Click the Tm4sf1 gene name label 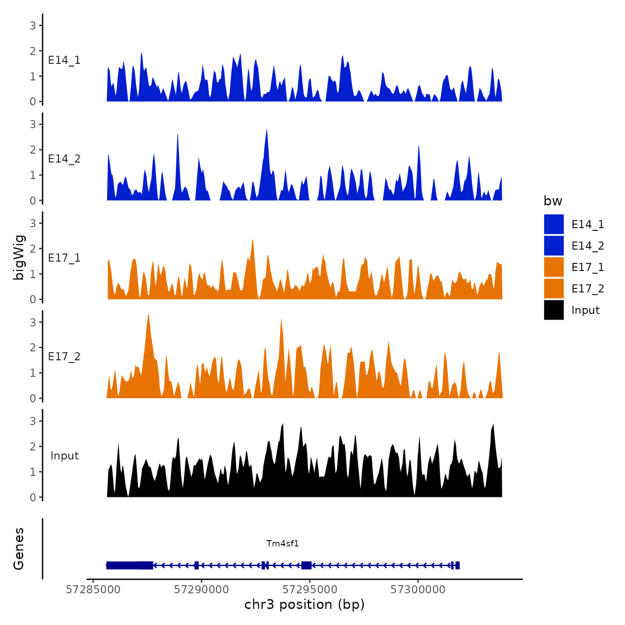tap(282, 543)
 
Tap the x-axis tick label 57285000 tap(93, 590)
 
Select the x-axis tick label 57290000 tap(201, 590)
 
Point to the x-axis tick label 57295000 tap(310, 590)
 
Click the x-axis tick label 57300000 tap(418, 590)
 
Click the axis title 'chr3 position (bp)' tap(304, 604)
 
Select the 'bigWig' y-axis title tap(19, 258)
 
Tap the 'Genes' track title tap(19, 549)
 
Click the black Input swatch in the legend tap(554, 310)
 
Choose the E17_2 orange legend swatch tap(554, 288)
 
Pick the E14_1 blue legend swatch tap(554, 224)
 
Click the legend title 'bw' tap(553, 201)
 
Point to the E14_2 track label tap(64, 159)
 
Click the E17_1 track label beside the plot tap(64, 258)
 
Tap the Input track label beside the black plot tap(64, 456)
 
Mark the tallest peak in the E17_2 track tap(148, 315)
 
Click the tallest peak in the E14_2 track tap(267, 129)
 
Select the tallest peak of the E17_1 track tap(253, 240)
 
